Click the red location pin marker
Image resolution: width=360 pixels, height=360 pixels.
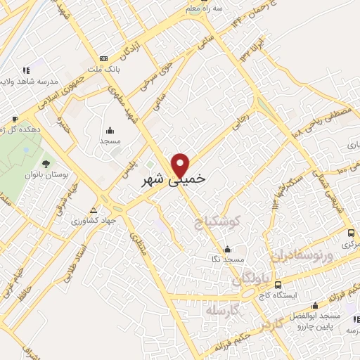coord(181,165)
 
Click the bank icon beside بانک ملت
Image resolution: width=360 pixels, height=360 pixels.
coord(105,58)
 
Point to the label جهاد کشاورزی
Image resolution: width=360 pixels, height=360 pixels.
coord(98,219)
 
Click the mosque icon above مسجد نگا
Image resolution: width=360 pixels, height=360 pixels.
coord(226,249)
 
